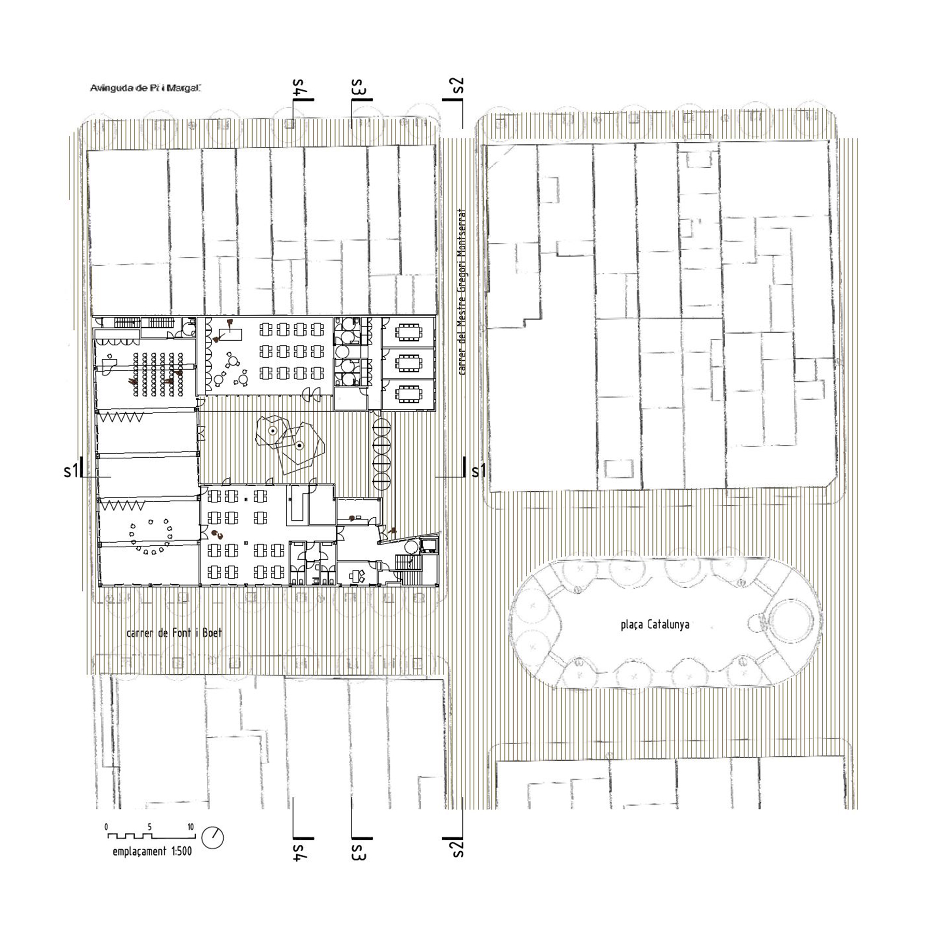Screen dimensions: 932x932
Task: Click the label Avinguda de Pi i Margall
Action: [x=145, y=88]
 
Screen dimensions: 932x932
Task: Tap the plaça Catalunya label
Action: [x=655, y=624]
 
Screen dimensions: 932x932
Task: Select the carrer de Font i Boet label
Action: [x=174, y=633]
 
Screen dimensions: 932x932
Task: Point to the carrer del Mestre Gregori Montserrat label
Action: [x=462, y=292]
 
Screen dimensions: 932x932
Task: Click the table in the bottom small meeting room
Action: [x=409, y=394]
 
